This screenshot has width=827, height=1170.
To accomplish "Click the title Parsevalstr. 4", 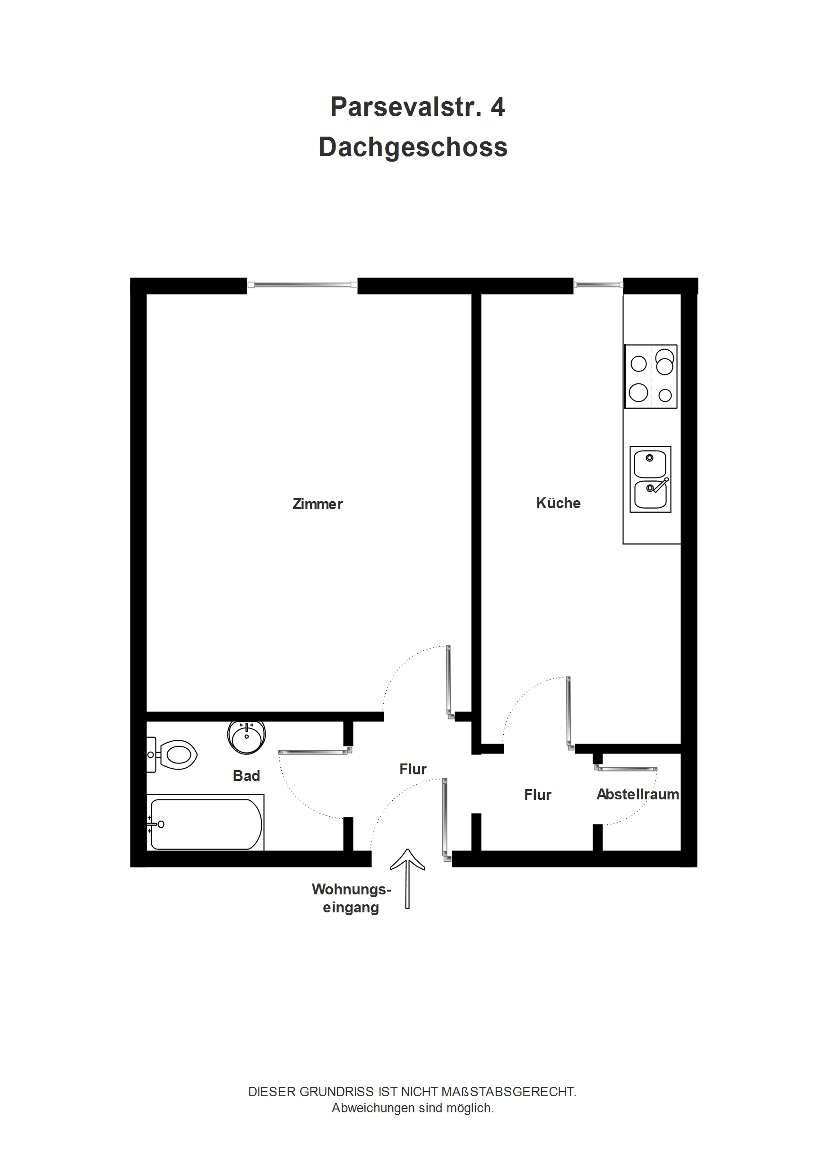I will pyautogui.click(x=417, y=107).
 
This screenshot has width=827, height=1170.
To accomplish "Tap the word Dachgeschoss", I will pyautogui.click(x=413, y=147).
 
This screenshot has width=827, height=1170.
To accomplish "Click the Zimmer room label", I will pyautogui.click(x=318, y=504).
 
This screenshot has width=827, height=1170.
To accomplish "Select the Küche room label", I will pyautogui.click(x=558, y=503).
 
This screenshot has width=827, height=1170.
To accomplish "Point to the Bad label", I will pyautogui.click(x=246, y=776).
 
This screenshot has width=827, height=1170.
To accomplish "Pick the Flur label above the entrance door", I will pyautogui.click(x=413, y=769).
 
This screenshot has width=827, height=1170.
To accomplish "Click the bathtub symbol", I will pyautogui.click(x=206, y=824).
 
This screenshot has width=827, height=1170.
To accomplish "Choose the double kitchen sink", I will pyautogui.click(x=650, y=479).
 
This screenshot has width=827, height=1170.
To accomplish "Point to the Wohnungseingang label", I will pyautogui.click(x=351, y=898).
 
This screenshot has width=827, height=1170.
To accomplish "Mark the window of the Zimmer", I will pyautogui.click(x=302, y=285).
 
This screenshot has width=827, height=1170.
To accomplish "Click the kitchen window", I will pyautogui.click(x=598, y=285).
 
